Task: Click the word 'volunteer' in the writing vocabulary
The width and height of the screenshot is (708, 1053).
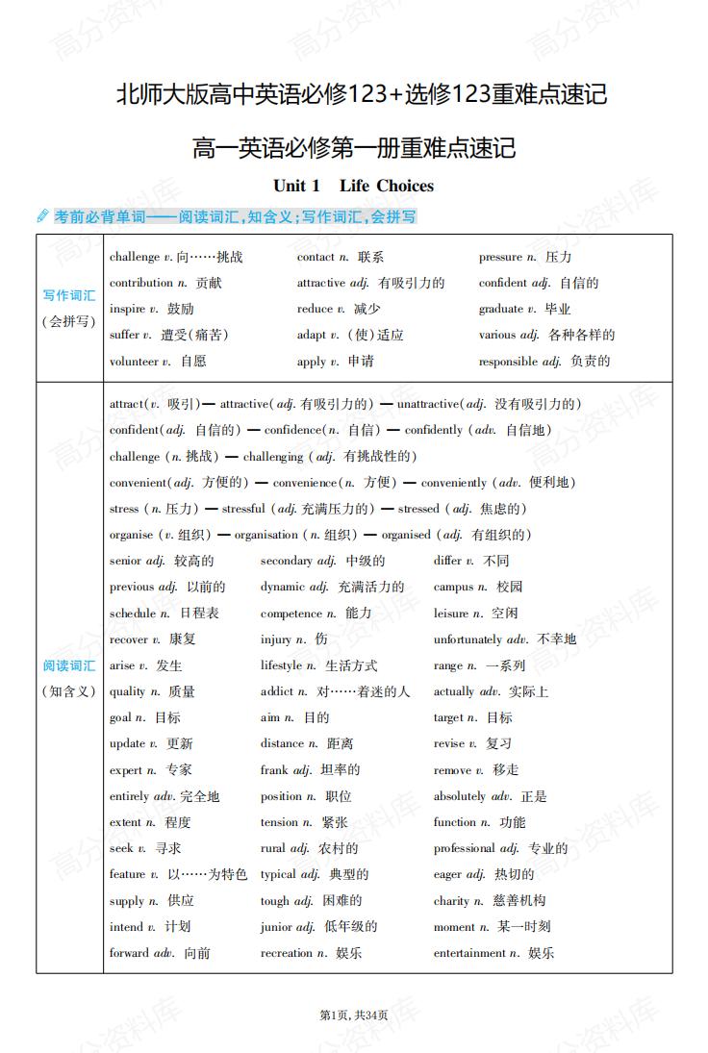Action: coord(134,362)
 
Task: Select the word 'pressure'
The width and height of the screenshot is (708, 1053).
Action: coord(500,258)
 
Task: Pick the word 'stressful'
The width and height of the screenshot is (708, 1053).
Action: coord(243,509)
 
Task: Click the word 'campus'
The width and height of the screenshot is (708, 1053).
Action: coord(453,587)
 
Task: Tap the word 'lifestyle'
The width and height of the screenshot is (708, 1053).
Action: coord(282,665)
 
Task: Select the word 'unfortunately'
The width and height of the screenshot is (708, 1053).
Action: coord(468,639)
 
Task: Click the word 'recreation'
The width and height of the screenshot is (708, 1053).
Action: coord(286,953)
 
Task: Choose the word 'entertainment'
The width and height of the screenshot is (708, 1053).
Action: coord(469,953)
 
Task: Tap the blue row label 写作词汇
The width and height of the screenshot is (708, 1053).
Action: coord(69,295)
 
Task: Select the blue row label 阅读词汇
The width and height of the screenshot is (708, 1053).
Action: coord(69,665)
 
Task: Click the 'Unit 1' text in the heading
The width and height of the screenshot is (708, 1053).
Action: coord(296,186)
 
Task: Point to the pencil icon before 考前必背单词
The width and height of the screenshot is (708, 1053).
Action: coord(42,216)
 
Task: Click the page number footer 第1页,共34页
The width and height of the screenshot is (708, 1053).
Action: coord(353,1015)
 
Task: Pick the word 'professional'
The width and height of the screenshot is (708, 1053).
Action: coord(465,848)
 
